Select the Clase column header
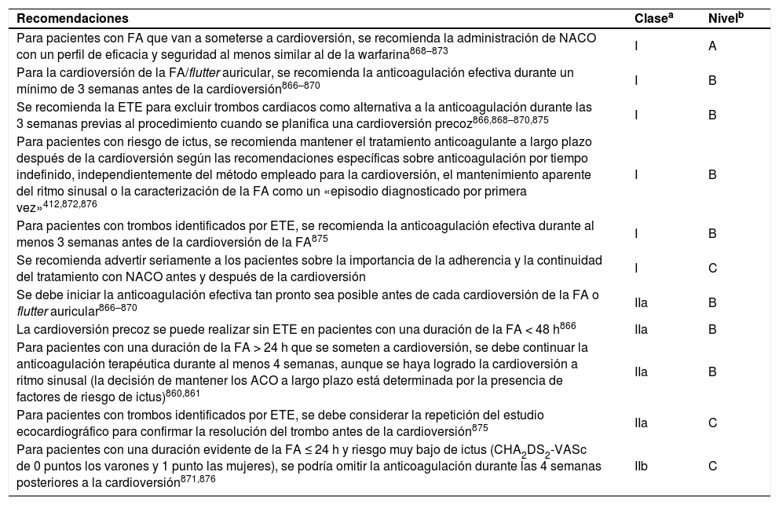[653, 17]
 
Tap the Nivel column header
[723, 17]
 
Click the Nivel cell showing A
[712, 46]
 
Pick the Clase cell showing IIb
[641, 466]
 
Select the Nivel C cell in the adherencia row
[712, 268]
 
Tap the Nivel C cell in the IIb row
[712, 466]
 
